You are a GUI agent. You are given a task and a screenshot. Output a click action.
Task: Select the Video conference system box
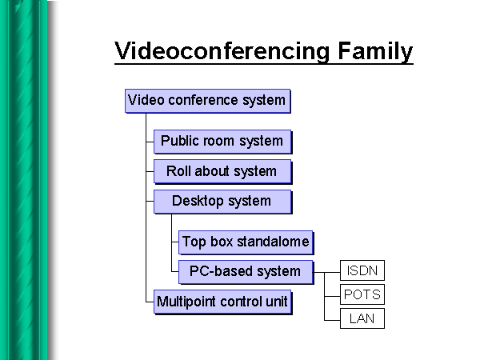point(206,101)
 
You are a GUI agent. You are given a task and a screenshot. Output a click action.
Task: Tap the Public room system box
point(222,142)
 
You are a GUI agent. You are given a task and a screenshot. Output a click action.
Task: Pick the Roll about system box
point(222,171)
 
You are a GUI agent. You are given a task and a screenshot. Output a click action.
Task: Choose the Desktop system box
point(222,201)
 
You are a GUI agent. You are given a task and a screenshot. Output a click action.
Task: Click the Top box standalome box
point(245,242)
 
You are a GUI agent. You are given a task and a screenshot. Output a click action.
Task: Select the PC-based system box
point(245,271)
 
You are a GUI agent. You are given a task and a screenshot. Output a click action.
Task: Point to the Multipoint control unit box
point(222,302)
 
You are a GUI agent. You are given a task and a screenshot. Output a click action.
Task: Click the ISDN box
point(362,270)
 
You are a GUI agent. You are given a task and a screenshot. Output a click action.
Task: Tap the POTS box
point(362,294)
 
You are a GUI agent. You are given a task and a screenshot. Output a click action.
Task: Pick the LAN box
point(362,318)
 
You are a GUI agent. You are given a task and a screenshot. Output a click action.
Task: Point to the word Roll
point(179,171)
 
